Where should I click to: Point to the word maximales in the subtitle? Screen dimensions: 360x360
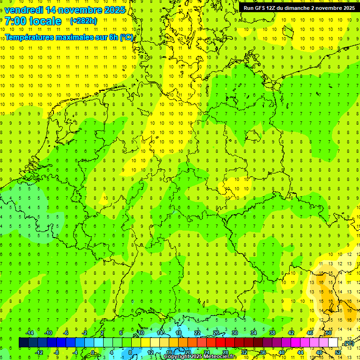pos(78,37)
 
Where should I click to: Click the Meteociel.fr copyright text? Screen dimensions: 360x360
pos(200,357)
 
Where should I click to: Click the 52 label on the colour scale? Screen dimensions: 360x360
pos(338,352)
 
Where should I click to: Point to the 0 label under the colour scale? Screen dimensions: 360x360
pos(93,352)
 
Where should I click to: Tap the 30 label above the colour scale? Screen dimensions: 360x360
pos(234,333)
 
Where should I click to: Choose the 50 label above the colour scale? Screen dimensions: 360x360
pos(329,333)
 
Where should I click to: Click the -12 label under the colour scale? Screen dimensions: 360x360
pos(39,352)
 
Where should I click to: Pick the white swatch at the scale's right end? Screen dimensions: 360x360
pos(333,343)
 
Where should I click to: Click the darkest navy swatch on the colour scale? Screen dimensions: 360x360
pos(23,343)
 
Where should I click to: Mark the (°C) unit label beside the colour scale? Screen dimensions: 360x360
pos(348,344)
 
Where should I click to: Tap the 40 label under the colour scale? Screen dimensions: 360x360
pos(281,352)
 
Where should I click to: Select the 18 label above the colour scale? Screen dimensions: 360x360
pos(178,333)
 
